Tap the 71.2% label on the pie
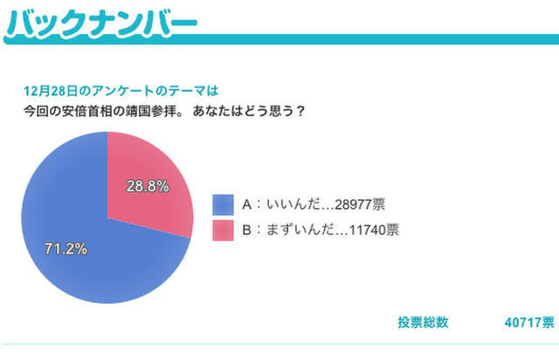point(66,249)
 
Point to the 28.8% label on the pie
point(147,186)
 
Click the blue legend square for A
point(223,204)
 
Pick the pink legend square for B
point(223,231)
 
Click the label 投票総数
point(423,322)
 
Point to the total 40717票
point(529,322)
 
